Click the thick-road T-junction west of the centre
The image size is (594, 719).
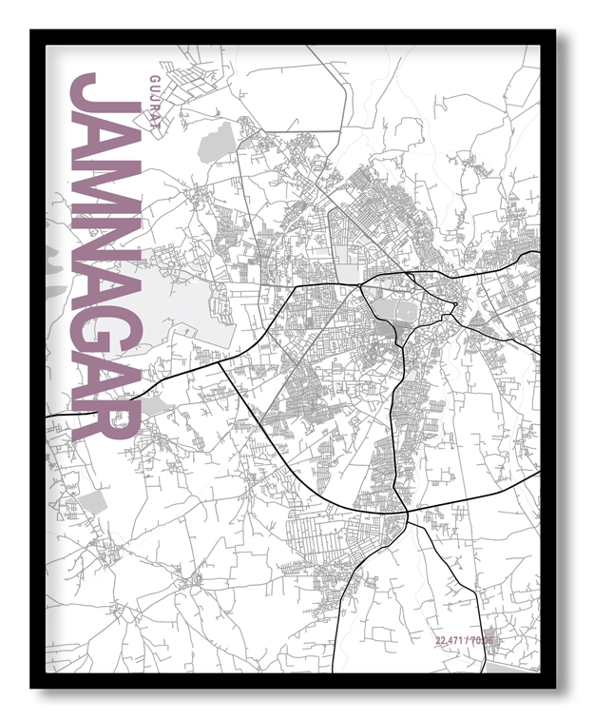[220, 359]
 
